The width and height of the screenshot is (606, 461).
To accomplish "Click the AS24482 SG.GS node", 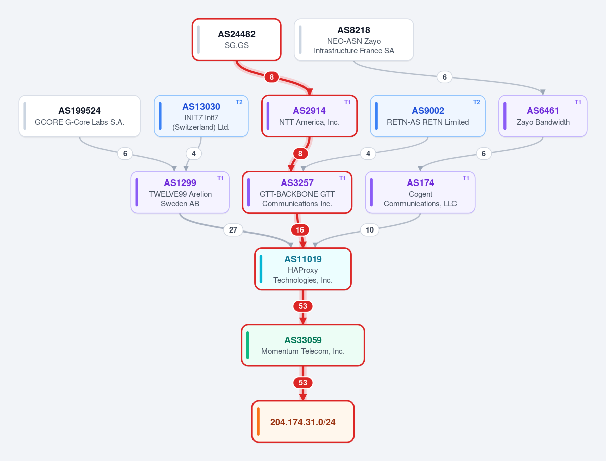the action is click(x=237, y=39).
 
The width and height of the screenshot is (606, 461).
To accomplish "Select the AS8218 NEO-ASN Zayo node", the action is click(x=353, y=39).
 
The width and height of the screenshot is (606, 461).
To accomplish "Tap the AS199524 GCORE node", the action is click(x=79, y=116).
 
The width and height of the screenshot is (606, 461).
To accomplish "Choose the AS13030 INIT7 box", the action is click(x=201, y=116).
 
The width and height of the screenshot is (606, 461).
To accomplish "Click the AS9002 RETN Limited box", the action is click(x=428, y=116).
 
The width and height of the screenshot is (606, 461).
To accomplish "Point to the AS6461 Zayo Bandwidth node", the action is click(x=543, y=116).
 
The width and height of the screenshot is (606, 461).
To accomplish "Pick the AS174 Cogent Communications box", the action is click(x=420, y=192).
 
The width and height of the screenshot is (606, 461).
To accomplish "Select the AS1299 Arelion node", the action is click(x=180, y=192).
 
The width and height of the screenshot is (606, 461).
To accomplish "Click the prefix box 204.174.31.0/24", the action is click(x=303, y=422).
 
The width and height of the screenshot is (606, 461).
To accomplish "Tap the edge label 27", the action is click(x=233, y=230).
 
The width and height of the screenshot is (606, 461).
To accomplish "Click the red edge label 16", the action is click(x=300, y=230).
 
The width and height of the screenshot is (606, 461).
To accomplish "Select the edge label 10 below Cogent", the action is click(x=369, y=230).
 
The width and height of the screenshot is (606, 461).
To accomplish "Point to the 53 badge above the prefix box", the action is click(x=303, y=383).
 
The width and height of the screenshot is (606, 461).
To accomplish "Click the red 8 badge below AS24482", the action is click(x=271, y=77).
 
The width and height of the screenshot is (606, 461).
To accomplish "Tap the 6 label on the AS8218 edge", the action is click(x=444, y=77).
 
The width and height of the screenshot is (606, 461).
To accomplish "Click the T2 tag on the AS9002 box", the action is click(x=477, y=102).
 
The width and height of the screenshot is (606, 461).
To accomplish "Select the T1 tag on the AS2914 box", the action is click(x=347, y=102).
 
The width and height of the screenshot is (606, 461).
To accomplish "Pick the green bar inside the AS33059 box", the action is click(x=247, y=345).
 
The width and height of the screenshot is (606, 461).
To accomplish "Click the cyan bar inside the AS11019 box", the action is click(x=261, y=269).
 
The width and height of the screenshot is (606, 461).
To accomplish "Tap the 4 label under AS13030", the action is click(x=194, y=154).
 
